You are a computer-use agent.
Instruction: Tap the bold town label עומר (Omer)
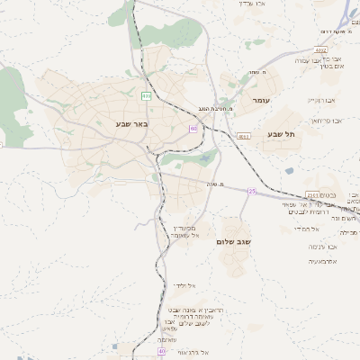click(262, 101)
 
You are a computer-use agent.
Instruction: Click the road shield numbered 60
click(193, 129)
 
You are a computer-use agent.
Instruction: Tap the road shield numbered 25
click(253, 191)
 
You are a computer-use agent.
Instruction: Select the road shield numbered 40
click(162, 352)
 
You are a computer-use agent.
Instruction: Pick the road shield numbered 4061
click(243, 136)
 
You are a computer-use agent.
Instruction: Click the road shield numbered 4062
click(321, 51)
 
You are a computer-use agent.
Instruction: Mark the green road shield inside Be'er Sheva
click(146, 94)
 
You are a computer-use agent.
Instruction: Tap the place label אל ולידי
click(184, 285)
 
